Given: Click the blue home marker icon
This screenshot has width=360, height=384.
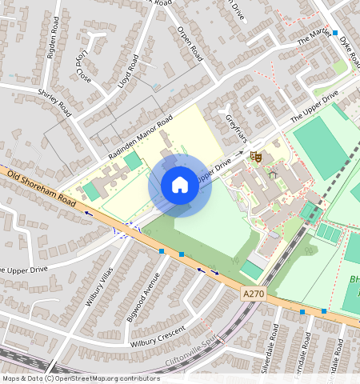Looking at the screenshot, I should click(x=180, y=186).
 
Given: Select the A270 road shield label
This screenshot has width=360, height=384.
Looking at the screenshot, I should click(x=253, y=294).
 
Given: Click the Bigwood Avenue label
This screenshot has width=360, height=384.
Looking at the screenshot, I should click(x=142, y=297).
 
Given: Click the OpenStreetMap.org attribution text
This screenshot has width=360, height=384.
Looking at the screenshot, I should click(x=109, y=378).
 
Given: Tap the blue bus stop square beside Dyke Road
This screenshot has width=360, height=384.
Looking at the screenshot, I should click(x=335, y=33).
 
